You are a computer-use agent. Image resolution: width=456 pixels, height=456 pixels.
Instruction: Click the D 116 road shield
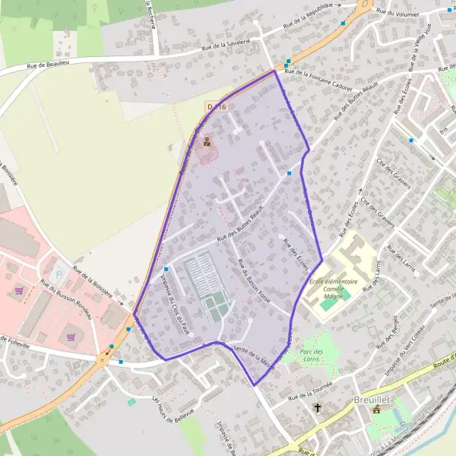point(217,108)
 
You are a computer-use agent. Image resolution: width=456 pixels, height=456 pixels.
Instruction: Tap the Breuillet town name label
point(372,399)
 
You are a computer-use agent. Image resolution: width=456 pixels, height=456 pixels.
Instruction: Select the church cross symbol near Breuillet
point(318,409)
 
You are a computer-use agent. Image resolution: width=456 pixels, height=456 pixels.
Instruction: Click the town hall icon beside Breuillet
point(375,410)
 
